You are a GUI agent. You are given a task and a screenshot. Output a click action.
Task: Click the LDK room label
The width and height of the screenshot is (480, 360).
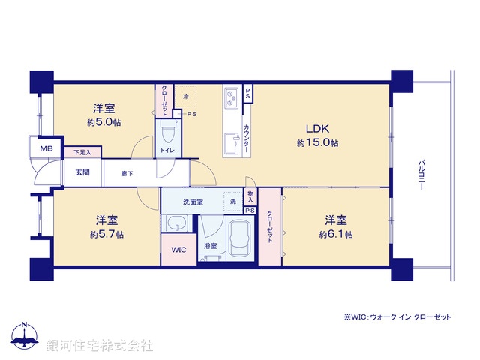pos(317,127)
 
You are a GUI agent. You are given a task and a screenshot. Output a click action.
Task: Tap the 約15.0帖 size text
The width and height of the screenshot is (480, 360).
pos(317,142)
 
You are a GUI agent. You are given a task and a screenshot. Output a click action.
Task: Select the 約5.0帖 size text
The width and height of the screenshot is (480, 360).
pos(103,122)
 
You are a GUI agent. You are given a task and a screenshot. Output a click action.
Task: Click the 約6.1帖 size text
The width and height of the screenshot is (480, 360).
pos(335,234)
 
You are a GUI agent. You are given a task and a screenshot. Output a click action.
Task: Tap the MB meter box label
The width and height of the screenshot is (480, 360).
pos(45,148)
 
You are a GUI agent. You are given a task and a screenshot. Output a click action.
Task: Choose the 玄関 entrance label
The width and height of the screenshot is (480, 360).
pos(82,172)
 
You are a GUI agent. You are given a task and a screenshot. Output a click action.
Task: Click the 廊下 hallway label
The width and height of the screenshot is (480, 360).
pos(127,173)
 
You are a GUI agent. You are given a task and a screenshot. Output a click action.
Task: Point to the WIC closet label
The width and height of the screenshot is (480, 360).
pos(178,249)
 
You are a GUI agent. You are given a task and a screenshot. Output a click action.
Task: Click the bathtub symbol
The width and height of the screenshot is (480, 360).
pos(241,237)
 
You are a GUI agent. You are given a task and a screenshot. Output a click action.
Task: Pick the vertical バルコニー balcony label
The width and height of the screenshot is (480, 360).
pos(422,175)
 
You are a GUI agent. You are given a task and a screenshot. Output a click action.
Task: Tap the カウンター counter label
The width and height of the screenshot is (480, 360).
pos(247,138)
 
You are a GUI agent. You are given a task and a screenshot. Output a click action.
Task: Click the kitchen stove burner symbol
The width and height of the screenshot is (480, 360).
pos(231,96)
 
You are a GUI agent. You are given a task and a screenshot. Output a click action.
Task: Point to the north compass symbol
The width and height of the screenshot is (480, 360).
pos(26,334)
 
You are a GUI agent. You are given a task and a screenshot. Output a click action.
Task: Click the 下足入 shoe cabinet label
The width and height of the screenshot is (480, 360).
pos(82,153)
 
